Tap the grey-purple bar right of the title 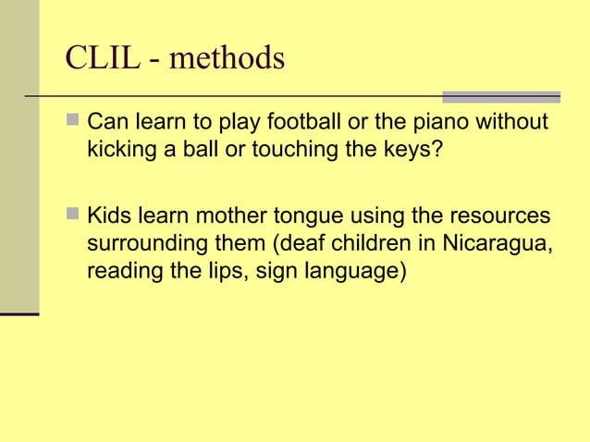[500, 96]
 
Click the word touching [303, 150]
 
